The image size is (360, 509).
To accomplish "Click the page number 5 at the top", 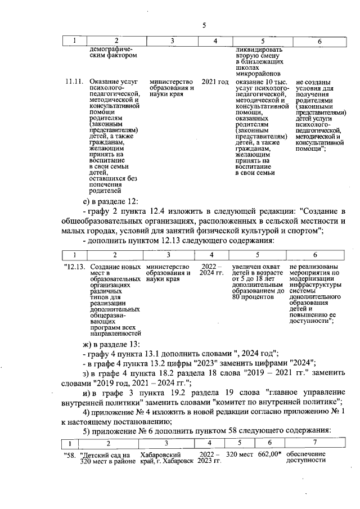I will tap(204, 25).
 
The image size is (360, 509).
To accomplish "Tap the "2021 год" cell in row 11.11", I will tap(215, 82).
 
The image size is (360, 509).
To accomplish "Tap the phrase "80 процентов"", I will tap(252, 297).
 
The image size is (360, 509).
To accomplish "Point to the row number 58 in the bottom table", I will tap(70, 454).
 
